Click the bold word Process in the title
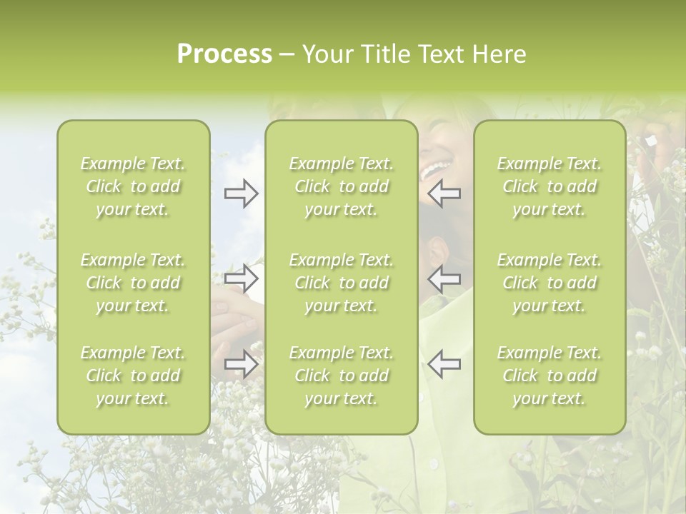tap(224, 54)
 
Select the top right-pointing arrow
tap(242, 193)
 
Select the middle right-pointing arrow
tap(242, 278)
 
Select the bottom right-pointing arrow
tap(242, 363)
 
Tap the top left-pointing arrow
tap(444, 193)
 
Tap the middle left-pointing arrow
tap(444, 278)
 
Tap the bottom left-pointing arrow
tap(444, 363)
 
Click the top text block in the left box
tap(133, 186)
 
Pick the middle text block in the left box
tap(133, 283)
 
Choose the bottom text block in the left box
tap(133, 376)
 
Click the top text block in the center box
tap(341, 186)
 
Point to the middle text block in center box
tap(341, 283)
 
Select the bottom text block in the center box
tap(341, 376)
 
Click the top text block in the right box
tap(550, 186)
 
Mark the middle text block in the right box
tap(550, 283)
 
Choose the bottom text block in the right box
tap(550, 376)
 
